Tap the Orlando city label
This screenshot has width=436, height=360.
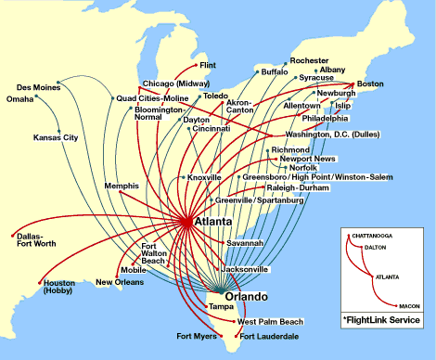pos(246,296)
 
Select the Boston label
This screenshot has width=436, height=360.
pos(371,85)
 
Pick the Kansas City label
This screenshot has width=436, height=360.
pos(56,137)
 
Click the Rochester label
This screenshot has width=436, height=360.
pos(309,60)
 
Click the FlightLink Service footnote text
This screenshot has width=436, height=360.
pos(381,319)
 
